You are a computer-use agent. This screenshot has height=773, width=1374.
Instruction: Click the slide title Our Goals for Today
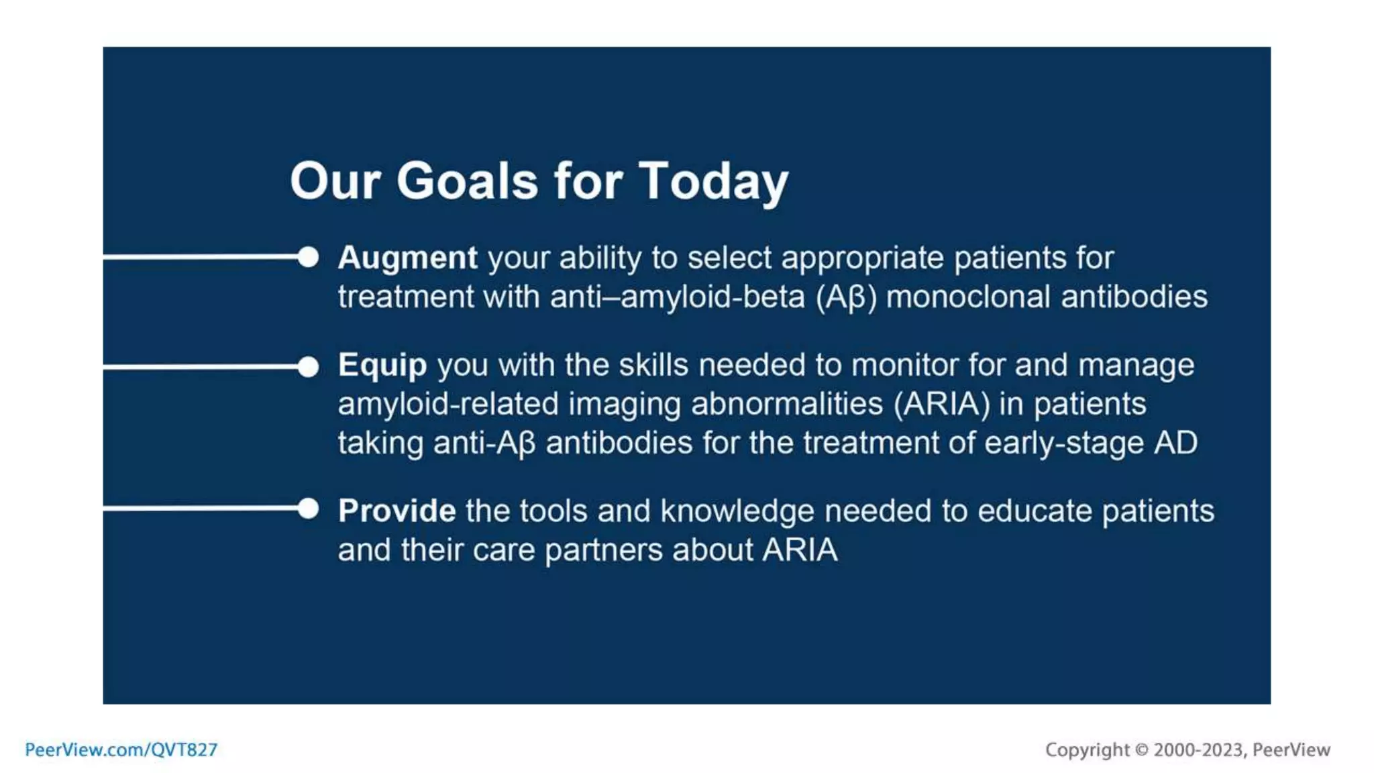pyautogui.click(x=539, y=181)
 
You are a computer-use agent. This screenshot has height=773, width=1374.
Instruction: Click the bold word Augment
pyautogui.click(x=407, y=258)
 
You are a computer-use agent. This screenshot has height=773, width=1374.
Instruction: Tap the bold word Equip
pyautogui.click(x=382, y=366)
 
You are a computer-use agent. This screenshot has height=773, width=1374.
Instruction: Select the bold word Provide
pyautogui.click(x=397, y=511)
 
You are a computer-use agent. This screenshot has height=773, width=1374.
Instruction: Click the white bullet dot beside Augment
pyautogui.click(x=308, y=256)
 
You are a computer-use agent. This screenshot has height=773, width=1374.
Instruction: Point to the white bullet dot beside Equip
pyautogui.click(x=308, y=366)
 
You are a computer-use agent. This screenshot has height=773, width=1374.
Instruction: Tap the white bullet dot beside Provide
pyautogui.click(x=308, y=509)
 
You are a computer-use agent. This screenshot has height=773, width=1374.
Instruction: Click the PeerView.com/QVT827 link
pyautogui.click(x=121, y=750)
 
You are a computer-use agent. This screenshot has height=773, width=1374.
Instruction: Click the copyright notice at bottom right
pyautogui.click(x=1187, y=750)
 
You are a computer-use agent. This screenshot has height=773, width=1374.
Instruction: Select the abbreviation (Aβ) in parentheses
pyautogui.click(x=846, y=297)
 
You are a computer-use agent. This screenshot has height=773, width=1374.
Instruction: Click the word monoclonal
pyautogui.click(x=967, y=297)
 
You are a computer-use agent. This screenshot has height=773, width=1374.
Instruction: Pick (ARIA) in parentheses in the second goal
pyautogui.click(x=941, y=404)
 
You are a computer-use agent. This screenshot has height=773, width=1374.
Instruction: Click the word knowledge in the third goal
pyautogui.click(x=737, y=511)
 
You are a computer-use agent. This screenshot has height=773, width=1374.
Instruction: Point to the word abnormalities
pyautogui.click(x=787, y=404)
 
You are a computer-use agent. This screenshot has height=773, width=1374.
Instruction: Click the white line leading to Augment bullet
pyautogui.click(x=201, y=256)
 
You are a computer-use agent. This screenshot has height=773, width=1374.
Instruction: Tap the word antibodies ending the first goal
pyautogui.click(x=1134, y=297)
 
